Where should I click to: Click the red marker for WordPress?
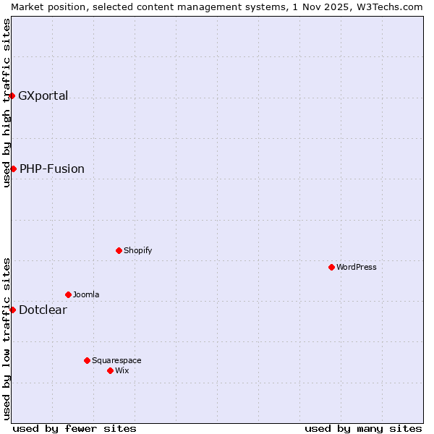331,267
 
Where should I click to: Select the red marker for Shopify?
119,250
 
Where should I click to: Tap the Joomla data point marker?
68,294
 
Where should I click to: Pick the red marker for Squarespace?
87,360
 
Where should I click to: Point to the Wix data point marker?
110,370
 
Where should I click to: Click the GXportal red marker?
12,95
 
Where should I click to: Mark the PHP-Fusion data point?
13,169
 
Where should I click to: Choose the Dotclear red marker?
12,310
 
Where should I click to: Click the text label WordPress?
357,267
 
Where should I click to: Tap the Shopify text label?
137,250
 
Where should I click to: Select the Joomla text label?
86,294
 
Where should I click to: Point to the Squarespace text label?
116,360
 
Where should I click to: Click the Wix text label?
122,370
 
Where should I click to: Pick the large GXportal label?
43,95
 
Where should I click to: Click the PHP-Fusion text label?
52,169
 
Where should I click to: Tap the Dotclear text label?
43,310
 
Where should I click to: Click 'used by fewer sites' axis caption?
75,428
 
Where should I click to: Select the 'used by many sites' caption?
363,428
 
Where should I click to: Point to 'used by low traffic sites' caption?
7,339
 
